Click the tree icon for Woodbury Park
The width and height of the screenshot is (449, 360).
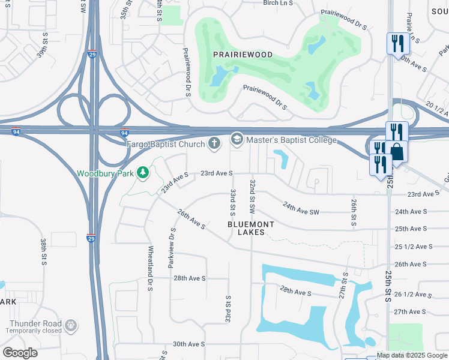point(142,173)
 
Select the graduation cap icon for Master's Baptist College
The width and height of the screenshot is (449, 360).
point(237,140)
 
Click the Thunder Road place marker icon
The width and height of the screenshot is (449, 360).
point(71,325)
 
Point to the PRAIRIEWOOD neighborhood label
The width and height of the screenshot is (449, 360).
point(243,55)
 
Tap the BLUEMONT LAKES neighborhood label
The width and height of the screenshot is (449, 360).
point(251,228)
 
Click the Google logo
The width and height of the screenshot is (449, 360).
point(20,352)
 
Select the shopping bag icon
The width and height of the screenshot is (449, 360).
point(397,151)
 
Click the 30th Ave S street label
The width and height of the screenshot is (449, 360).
point(189,344)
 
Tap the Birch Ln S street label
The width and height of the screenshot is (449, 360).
point(278,3)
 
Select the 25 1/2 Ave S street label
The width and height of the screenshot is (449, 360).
point(414,247)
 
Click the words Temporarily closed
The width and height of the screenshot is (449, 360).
point(35,331)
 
